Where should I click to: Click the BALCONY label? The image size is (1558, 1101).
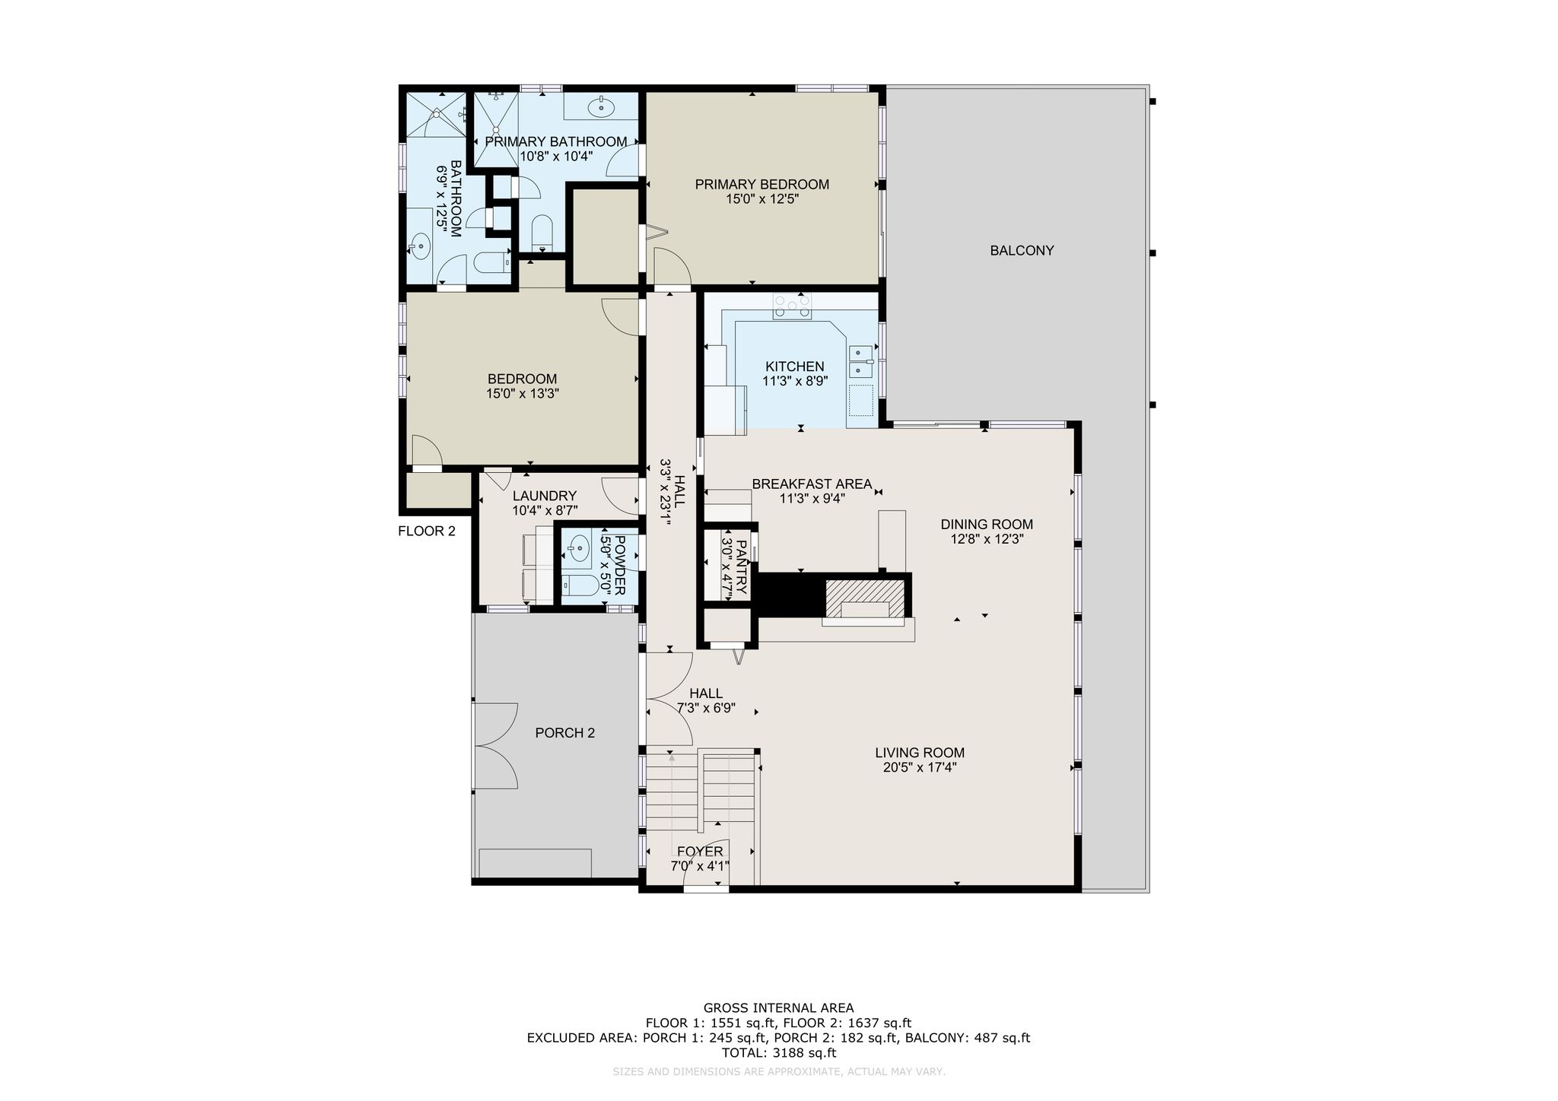click(1022, 251)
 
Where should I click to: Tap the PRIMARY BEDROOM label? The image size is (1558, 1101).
click(762, 185)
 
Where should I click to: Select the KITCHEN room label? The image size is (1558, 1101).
click(794, 366)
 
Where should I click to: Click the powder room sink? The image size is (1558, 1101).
click(580, 547)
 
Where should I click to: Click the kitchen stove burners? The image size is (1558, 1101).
click(792, 306)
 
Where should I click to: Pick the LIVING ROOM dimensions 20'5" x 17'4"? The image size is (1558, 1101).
click(920, 768)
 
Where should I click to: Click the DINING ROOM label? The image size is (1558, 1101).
click(987, 525)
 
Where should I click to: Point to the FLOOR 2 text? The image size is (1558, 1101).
click(427, 531)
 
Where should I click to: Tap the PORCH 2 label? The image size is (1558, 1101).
click(564, 734)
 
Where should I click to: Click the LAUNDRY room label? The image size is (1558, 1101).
click(545, 497)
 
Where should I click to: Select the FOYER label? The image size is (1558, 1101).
click(700, 852)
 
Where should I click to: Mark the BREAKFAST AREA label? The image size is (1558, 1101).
click(812, 484)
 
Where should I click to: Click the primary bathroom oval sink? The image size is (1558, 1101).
click(602, 107)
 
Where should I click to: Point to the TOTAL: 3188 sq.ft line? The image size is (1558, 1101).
click(778, 1053)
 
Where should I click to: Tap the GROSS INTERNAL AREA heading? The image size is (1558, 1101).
click(778, 1008)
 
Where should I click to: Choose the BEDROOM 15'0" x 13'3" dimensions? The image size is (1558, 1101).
click(522, 394)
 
